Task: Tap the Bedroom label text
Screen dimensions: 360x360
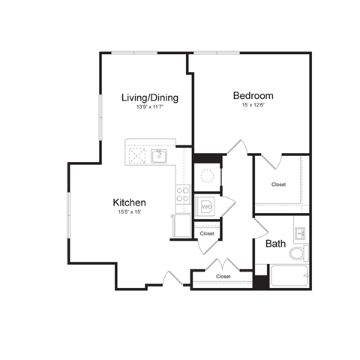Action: coord(253,95)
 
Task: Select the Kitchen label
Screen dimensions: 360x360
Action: coord(129,202)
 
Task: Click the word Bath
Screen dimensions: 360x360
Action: coord(275,244)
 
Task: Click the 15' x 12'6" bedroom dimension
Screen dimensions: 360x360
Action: coord(253,106)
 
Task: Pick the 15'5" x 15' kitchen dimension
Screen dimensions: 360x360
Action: coord(129,212)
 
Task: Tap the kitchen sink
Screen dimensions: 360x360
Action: coord(159,156)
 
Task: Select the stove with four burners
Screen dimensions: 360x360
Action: coord(183,196)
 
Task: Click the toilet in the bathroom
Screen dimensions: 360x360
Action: coord(298,253)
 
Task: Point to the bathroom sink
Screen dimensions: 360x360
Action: coord(301,231)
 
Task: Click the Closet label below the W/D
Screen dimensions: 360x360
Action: coord(207,234)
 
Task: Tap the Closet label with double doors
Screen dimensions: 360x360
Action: coord(223,277)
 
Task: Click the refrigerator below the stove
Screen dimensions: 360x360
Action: coord(181,226)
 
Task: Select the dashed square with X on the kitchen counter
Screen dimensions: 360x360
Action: coord(137,156)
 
